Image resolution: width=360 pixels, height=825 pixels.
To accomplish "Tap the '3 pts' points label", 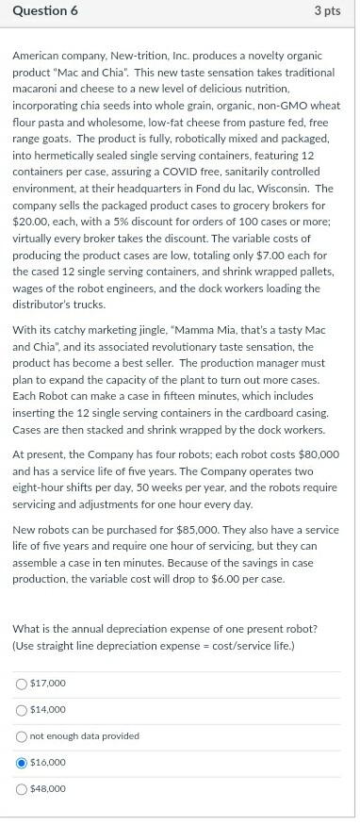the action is (x=326, y=10).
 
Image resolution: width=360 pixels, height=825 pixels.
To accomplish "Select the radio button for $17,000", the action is (x=20, y=683).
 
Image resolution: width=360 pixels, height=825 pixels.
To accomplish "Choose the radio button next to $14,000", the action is (x=20, y=709).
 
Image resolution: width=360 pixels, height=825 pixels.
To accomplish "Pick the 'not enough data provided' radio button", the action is (x=20, y=735).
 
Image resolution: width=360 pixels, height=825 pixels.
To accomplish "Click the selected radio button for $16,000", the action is (x=20, y=762).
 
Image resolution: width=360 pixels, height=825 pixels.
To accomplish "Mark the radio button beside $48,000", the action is (x=20, y=788).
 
